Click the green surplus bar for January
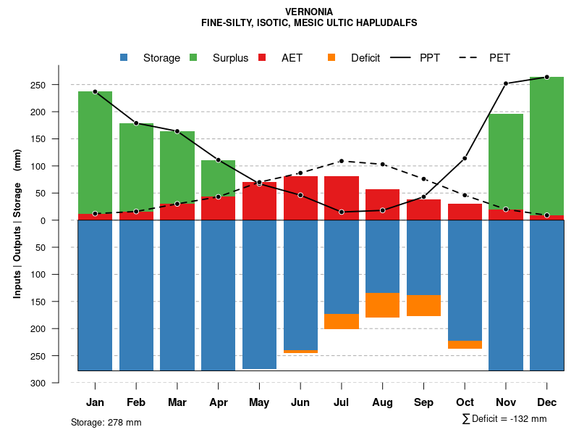[x=95, y=152]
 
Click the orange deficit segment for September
[x=423, y=305]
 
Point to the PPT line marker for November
[x=506, y=83]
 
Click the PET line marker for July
[x=342, y=161]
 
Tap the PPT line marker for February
[x=136, y=123]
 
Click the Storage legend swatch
[x=124, y=58]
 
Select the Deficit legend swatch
[x=331, y=58]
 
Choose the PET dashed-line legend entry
[x=471, y=58]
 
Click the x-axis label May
[x=259, y=402]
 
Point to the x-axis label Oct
[x=465, y=402]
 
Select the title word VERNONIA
[x=309, y=12]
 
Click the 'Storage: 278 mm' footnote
[x=106, y=422]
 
